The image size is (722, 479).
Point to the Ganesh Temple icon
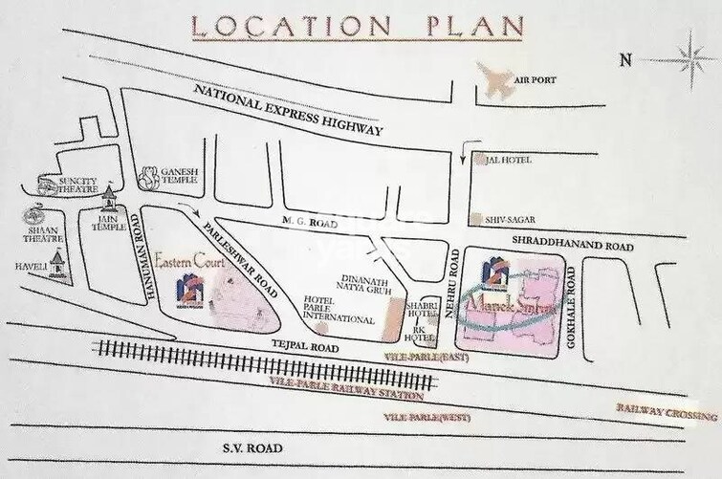149,176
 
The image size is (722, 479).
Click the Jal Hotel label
506,163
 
